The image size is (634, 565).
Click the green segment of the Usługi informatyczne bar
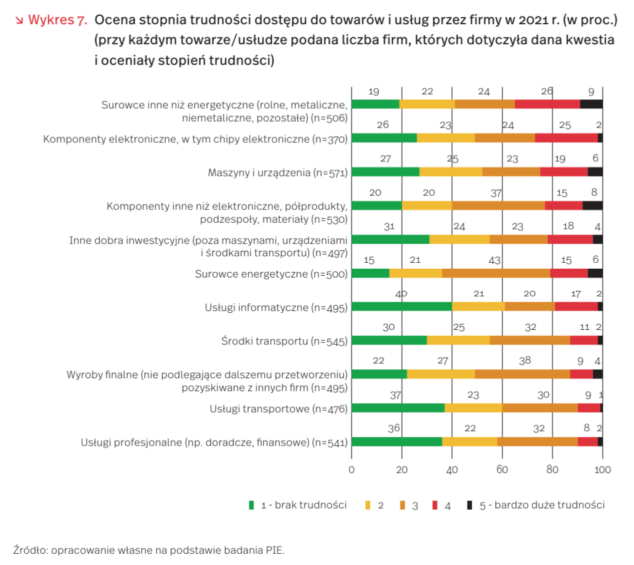coord(401,306)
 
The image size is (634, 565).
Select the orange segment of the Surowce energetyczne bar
coord(496,273)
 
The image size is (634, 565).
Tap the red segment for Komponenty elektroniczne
coord(566,138)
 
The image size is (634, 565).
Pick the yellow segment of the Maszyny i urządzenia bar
coord(451,172)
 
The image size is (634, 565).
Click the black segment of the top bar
coord(591,104)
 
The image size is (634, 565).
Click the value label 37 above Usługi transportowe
coord(395,396)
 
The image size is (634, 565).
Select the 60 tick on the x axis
coord(502,470)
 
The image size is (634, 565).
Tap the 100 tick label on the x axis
coord(603,470)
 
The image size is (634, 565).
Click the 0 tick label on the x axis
coord(351,470)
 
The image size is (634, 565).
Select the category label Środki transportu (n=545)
coord(284,341)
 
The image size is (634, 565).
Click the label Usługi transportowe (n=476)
coord(279,409)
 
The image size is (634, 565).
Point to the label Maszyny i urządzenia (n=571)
coord(278,173)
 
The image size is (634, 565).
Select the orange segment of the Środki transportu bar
coord(529,340)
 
